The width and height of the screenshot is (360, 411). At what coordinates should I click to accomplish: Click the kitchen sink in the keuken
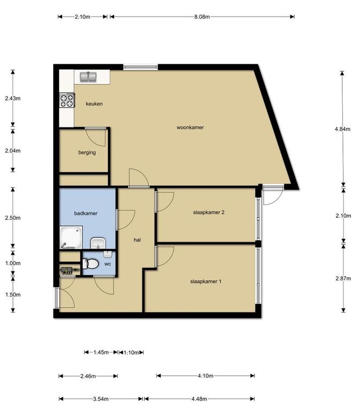(x=88, y=77)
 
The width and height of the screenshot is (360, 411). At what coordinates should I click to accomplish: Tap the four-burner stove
(x=67, y=100)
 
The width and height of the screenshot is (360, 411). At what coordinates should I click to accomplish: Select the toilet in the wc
(x=90, y=264)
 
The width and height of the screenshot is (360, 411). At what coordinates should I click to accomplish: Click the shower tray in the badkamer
(x=71, y=238)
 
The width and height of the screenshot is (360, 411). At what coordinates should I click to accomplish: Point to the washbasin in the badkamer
(x=98, y=243)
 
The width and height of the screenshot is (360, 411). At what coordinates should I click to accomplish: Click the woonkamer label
(x=190, y=128)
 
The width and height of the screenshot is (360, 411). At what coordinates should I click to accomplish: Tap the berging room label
(x=87, y=153)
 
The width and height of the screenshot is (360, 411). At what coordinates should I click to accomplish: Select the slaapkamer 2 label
(x=208, y=212)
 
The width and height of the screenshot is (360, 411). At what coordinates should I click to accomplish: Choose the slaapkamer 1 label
(x=206, y=281)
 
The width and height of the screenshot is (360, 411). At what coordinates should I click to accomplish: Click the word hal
(x=137, y=240)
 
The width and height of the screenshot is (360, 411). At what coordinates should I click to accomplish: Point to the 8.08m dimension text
(x=202, y=17)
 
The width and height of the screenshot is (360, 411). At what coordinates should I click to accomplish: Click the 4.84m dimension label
(x=342, y=129)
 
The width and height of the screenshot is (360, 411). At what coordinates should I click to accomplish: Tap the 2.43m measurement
(x=13, y=98)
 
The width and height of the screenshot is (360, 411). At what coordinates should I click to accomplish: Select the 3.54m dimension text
(x=101, y=399)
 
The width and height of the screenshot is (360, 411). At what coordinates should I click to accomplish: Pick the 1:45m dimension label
(x=101, y=352)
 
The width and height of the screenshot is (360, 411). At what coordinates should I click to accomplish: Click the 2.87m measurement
(x=343, y=278)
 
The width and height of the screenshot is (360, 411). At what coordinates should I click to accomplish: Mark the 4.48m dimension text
(x=199, y=399)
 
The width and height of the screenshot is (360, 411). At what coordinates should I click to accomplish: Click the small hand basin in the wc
(x=108, y=254)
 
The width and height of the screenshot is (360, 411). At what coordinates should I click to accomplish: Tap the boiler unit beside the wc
(x=69, y=270)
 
